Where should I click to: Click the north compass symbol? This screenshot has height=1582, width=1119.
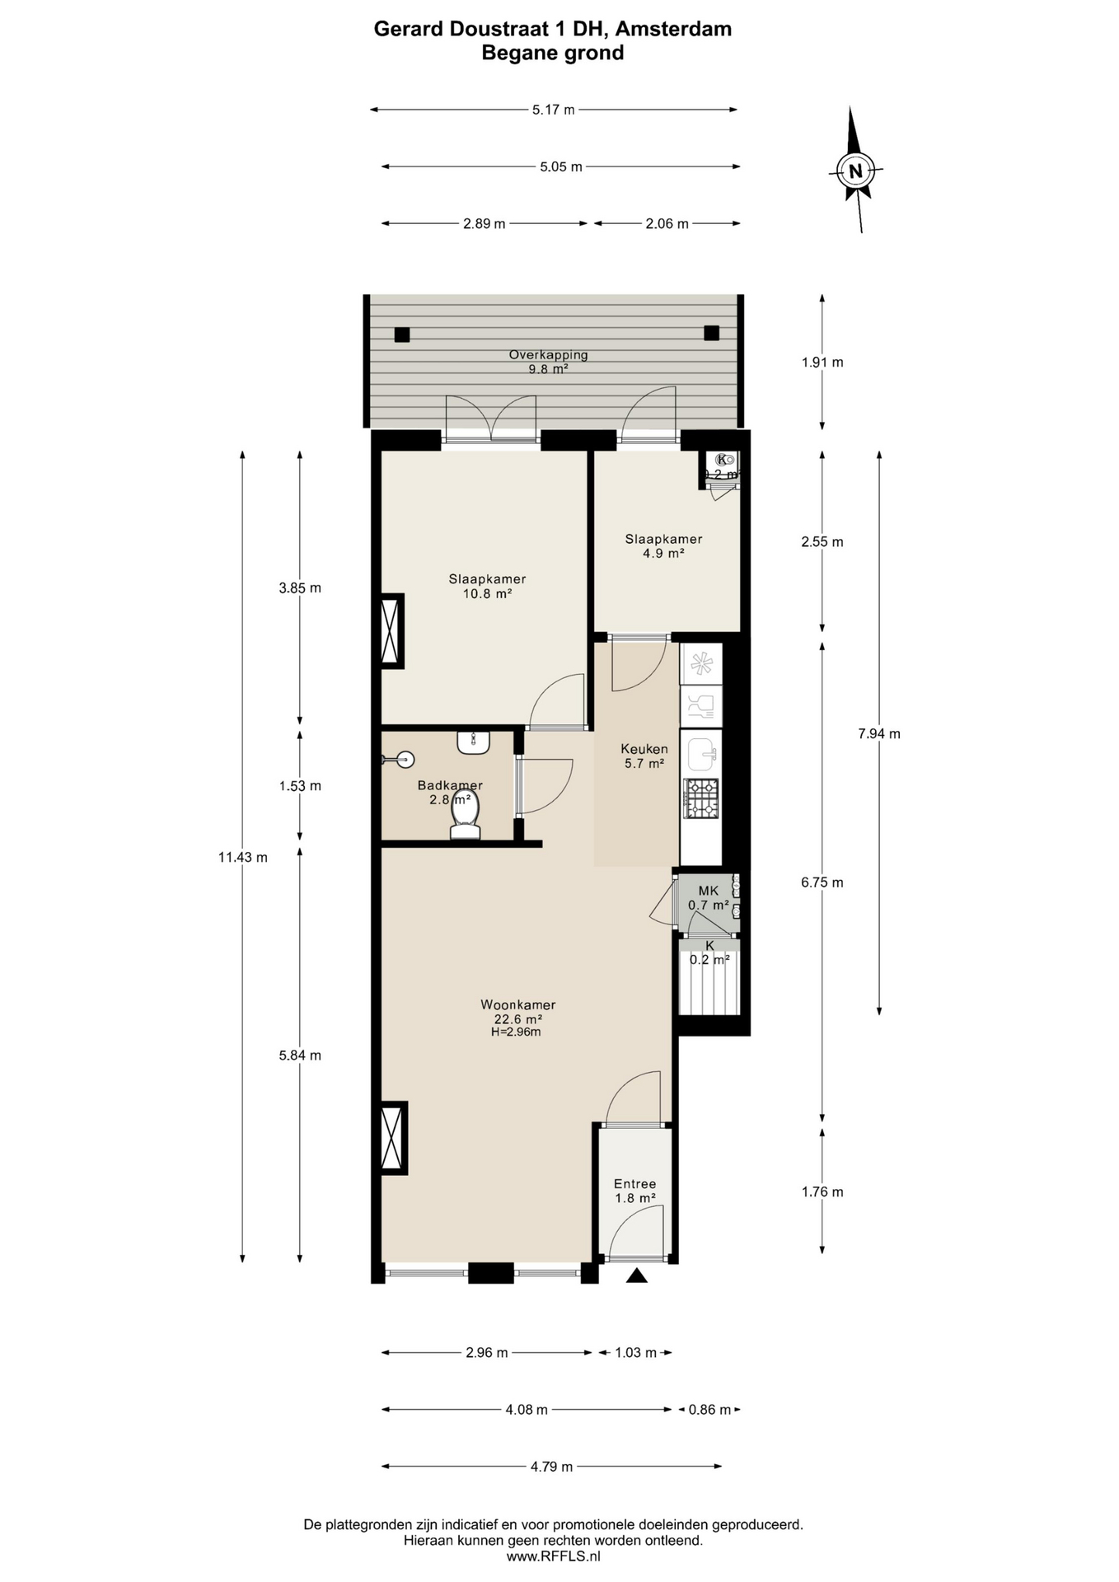coord(855,171)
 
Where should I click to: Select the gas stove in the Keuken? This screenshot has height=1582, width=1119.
coord(700,798)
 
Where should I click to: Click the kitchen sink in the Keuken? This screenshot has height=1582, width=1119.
coord(701,752)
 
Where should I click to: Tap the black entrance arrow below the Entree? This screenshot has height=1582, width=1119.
coord(636,1275)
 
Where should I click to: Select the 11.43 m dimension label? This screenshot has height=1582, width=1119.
coord(242,857)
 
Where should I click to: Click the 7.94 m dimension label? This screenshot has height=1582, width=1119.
coord(879,733)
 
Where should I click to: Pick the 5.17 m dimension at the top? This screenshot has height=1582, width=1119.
coord(553,110)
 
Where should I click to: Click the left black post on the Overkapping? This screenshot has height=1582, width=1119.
coord(401,335)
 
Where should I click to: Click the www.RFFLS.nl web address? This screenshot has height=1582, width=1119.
coord(553,1556)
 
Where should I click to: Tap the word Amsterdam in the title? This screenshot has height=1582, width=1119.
coord(673,29)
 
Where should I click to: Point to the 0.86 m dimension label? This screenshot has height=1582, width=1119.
coord(709,1409)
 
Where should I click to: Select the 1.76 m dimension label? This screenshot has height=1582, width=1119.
coord(822,1191)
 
